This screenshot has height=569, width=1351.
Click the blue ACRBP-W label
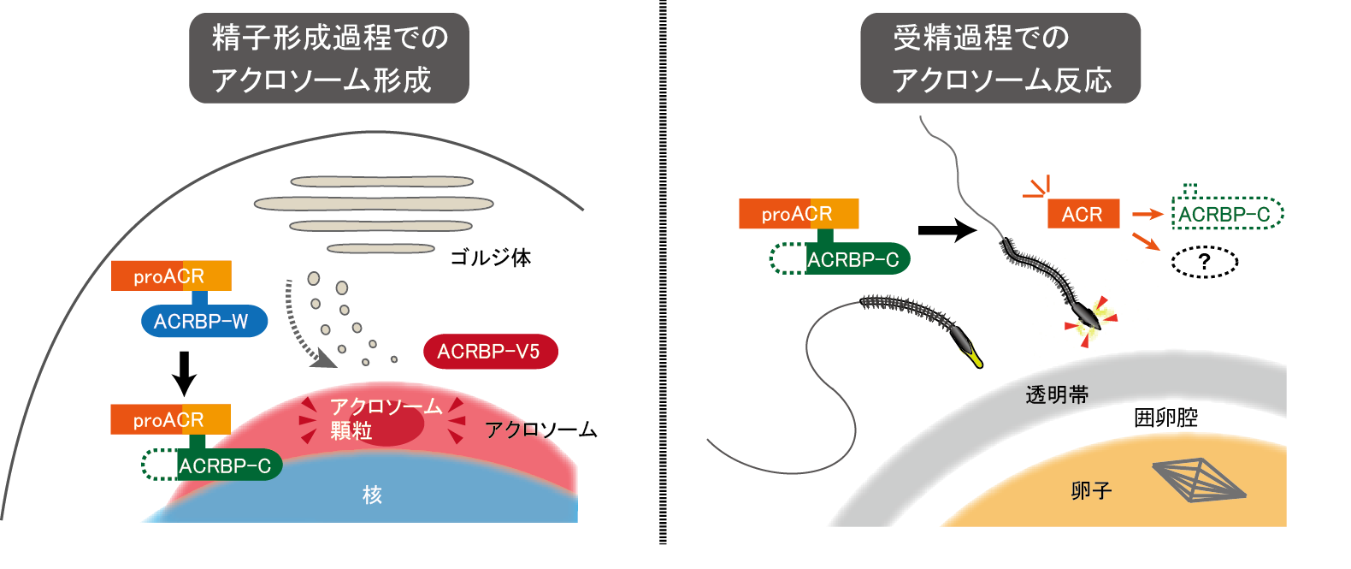[204, 322]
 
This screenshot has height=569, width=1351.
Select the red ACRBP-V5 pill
[490, 352]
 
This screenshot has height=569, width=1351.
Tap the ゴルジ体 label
[490, 258]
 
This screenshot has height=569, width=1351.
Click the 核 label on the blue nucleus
[372, 495]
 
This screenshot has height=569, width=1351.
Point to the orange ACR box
[1083, 214]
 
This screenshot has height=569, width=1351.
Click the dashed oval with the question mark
[1204, 261]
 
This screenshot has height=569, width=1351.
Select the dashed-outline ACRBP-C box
[1227, 213]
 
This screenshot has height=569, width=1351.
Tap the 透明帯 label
[1057, 395]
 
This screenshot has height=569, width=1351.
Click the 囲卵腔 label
[1165, 418]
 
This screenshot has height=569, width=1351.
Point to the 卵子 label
[1091, 490]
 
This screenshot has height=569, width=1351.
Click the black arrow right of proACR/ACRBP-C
[947, 229]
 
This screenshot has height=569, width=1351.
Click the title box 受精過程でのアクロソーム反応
[1000, 58]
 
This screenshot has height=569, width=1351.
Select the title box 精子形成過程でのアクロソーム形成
[329, 58]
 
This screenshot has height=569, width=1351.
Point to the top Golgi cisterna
[381, 181]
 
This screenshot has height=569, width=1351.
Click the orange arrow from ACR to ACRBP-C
[1147, 214]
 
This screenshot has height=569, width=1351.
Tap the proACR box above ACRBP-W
[171, 276]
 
